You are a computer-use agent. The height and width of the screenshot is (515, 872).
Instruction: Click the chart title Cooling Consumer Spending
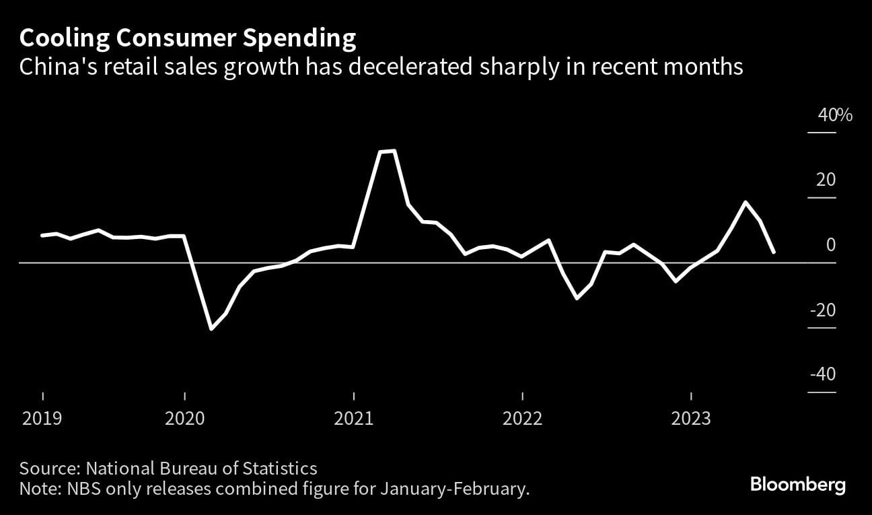click(x=187, y=39)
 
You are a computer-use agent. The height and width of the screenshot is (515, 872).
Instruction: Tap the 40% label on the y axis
click(x=834, y=115)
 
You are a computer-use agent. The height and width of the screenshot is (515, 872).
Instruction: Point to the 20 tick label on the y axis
click(x=826, y=180)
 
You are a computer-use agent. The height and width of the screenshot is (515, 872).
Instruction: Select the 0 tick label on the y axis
click(x=830, y=245)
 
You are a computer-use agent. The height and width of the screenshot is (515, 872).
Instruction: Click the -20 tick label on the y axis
click(x=822, y=310)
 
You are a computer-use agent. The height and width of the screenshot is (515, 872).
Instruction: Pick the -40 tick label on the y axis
click(x=822, y=374)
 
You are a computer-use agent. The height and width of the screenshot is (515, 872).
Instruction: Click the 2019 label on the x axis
click(x=42, y=418)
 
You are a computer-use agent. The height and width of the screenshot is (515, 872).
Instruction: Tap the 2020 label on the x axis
click(x=184, y=418)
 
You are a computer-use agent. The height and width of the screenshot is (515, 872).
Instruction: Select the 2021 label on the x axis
click(x=354, y=418)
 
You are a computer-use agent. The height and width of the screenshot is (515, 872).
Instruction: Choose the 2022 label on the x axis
click(x=523, y=418)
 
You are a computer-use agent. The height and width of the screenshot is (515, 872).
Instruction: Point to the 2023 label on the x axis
click(x=692, y=418)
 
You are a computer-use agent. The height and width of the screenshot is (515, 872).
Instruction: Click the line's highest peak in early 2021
click(x=394, y=151)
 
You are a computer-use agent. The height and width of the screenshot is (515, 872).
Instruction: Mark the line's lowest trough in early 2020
click(x=211, y=329)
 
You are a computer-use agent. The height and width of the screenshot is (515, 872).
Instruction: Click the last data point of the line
click(x=774, y=252)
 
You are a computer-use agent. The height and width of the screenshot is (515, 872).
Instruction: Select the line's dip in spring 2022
click(x=577, y=298)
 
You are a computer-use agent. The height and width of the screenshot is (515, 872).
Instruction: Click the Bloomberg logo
click(x=797, y=485)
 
